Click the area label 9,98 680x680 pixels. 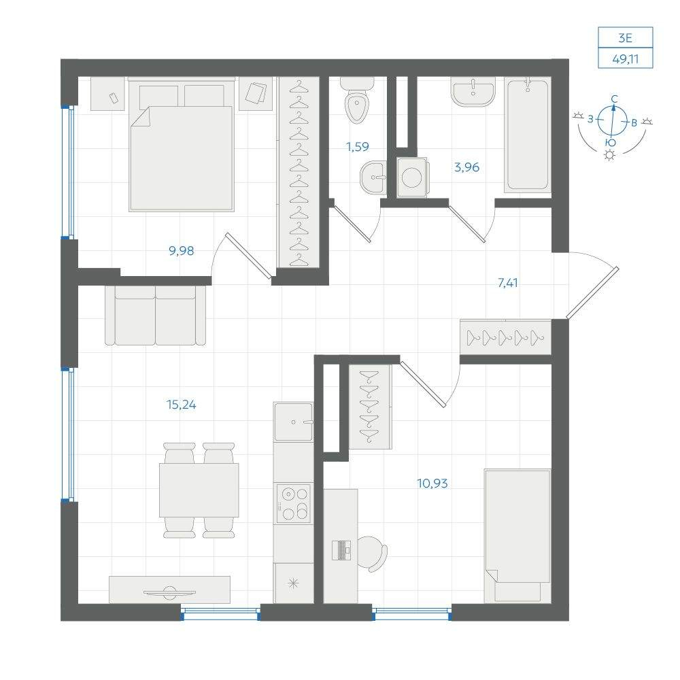182,251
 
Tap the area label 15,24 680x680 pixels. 182,405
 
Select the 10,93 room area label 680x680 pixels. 432,483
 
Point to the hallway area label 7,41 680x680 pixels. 508,283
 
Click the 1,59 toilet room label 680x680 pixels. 358,147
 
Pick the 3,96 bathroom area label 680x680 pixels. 466,167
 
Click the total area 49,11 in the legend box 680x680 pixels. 626,59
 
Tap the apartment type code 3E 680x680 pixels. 626,38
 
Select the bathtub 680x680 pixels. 528,135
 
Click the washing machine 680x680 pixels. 412,177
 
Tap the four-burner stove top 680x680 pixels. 294,503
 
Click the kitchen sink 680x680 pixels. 294,422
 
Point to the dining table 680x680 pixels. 199,490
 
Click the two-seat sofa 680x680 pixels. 155,316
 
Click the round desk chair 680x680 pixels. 372,554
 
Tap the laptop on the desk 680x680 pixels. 341,550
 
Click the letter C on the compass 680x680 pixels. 614,99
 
